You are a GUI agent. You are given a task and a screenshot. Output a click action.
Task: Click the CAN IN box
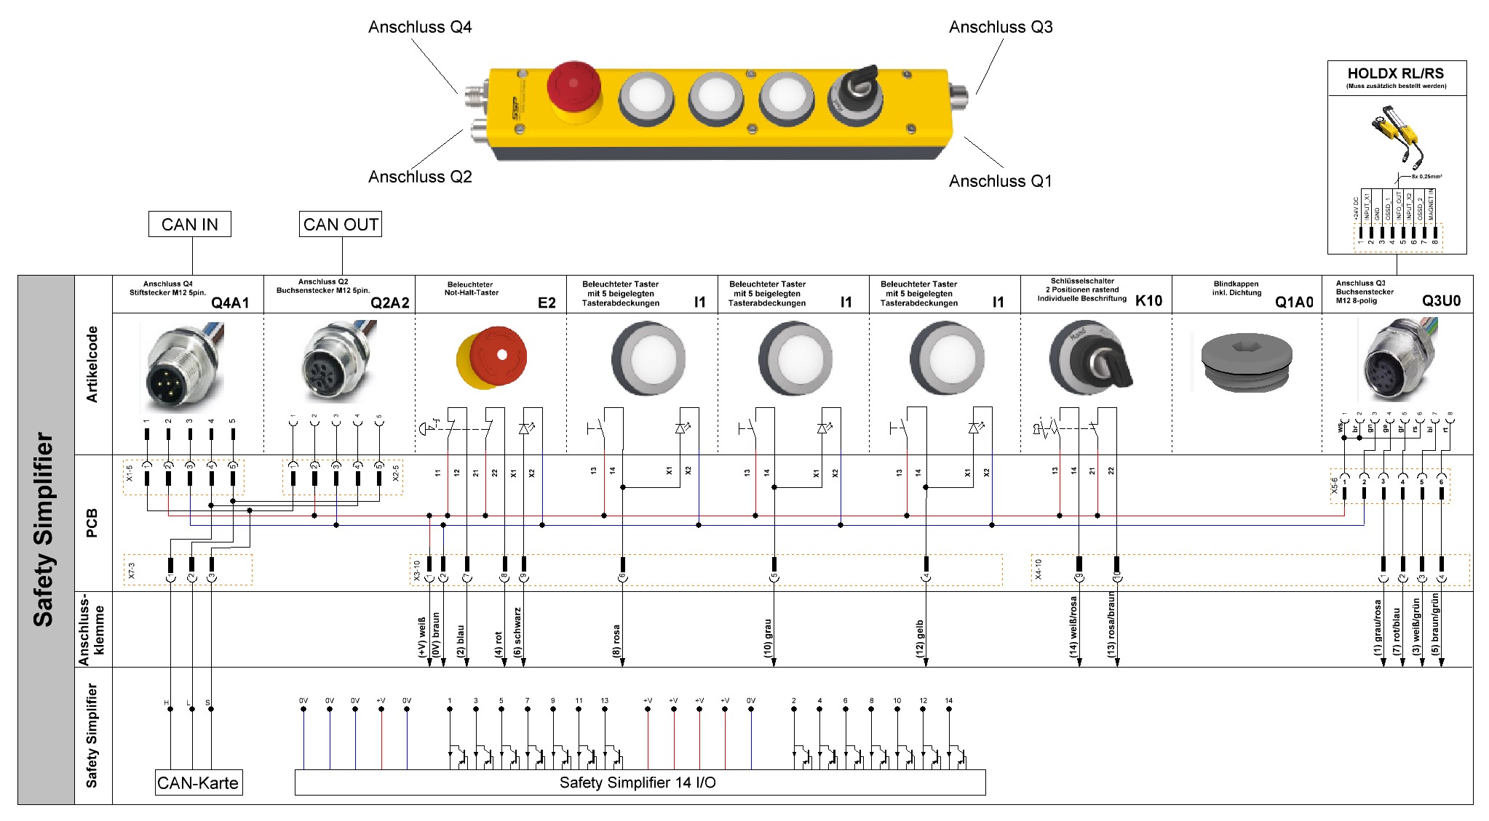[189, 224]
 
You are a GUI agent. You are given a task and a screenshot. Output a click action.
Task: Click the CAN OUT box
[341, 224]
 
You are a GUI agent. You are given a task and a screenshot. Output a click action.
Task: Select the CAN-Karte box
[198, 782]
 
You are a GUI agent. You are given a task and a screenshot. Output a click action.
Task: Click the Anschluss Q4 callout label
[420, 27]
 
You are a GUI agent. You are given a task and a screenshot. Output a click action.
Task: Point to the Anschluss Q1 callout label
[1000, 181]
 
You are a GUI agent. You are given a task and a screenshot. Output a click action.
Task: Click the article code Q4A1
[230, 303]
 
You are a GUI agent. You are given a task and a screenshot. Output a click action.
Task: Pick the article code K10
[1148, 300]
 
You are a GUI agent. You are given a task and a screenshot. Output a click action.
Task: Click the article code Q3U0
[1441, 300]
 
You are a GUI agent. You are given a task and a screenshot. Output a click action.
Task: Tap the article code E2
[547, 303]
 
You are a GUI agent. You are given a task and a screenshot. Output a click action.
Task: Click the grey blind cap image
[1246, 361]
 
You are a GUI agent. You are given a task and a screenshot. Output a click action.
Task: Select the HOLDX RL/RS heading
[1395, 73]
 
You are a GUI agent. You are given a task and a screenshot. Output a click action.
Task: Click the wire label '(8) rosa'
[616, 641]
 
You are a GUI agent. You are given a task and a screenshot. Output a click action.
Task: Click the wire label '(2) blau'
[460, 641]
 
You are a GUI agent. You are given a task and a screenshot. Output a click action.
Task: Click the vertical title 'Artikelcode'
[92, 364]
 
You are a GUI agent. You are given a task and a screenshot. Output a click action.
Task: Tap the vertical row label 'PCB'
[92, 523]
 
